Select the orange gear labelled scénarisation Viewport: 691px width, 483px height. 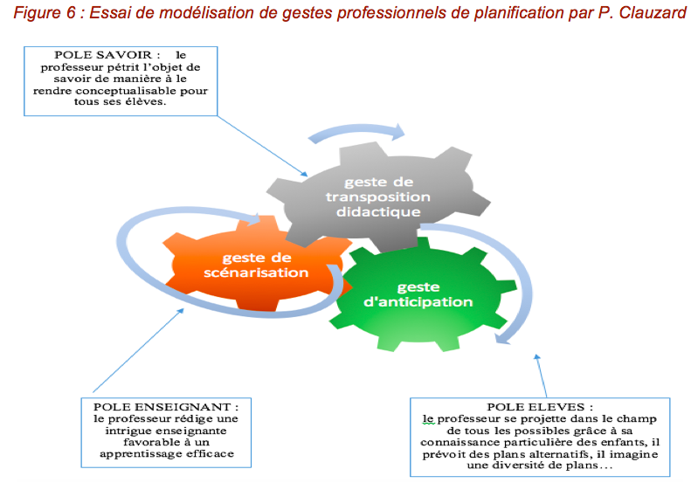257,265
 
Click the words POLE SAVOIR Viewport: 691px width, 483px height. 103,55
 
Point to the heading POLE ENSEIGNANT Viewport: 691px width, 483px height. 162,407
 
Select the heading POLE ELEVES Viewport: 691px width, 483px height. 535,407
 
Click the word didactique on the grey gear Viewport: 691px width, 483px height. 378,212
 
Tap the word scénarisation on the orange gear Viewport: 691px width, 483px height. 256,273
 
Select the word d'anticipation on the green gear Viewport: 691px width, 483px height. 418,302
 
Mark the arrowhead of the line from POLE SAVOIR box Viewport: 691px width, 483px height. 304,174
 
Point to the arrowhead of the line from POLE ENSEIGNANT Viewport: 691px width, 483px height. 180,311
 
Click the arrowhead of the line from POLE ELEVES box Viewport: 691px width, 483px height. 536,357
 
